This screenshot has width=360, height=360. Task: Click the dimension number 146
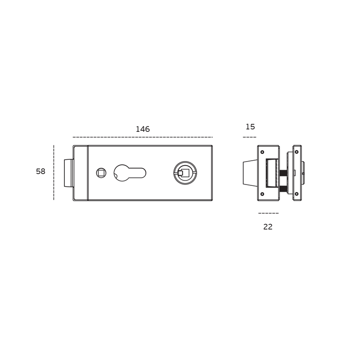[x=143, y=129]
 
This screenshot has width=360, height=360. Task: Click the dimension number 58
[x=40, y=171]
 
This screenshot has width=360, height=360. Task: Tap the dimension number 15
[x=250, y=127]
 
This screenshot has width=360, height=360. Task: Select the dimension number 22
[x=268, y=227]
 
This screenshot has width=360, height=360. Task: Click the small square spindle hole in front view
[x=101, y=173]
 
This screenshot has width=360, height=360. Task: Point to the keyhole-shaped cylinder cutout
[x=130, y=173]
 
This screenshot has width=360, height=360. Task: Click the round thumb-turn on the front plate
[x=185, y=173]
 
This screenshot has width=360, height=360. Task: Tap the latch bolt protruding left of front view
[x=69, y=173]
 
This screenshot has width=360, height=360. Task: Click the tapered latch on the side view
[x=250, y=173]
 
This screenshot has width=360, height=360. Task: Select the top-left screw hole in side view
[x=262, y=152]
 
